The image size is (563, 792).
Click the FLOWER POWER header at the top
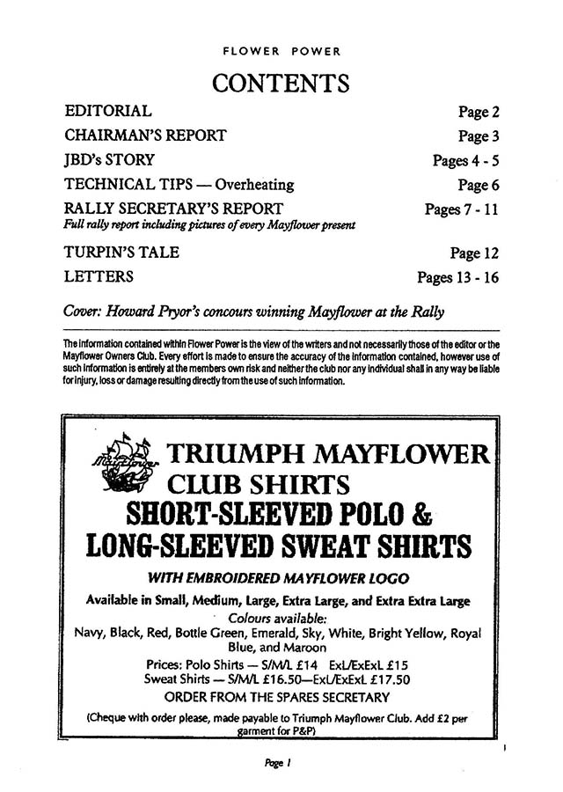[x=281, y=51]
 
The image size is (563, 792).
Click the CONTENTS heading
[x=281, y=84]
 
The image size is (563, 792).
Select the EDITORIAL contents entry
[x=108, y=112]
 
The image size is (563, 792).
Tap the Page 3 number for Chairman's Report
[x=479, y=136]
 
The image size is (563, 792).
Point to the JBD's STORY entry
[x=110, y=160]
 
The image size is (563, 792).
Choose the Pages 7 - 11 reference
[x=462, y=209]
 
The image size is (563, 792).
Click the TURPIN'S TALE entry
[x=122, y=253]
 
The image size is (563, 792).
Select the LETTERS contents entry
[x=99, y=277]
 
